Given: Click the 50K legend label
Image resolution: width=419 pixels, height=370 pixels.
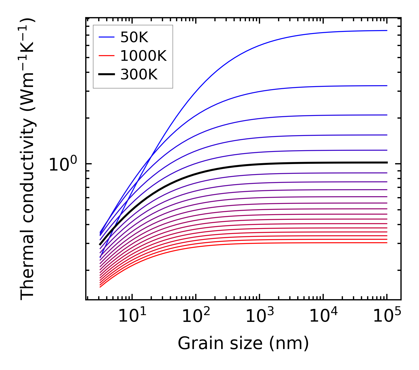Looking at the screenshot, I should coord(134,37).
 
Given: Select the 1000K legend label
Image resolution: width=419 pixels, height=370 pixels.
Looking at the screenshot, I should coord(143,56).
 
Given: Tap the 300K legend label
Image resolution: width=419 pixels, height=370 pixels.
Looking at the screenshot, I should coord(139,75).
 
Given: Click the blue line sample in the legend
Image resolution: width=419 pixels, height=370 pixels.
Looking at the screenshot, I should coord(106,37).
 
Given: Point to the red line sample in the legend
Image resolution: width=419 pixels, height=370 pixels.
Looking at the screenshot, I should coord(106,56).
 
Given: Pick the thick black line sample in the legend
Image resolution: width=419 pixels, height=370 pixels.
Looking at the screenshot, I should coord(106,75).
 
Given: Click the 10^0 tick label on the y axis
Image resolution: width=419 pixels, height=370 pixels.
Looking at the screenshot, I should coord(63,164).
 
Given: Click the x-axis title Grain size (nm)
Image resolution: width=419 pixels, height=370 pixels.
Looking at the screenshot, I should coord(243,344).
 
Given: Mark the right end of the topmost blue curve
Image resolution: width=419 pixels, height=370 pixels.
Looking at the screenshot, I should coord(387,30).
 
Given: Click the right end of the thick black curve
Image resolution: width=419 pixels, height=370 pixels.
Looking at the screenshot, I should coord(387,163).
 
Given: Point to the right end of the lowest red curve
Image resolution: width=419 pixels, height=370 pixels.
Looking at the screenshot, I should coord(387,243).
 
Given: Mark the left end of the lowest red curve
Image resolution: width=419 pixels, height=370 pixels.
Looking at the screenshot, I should coord(100,287).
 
